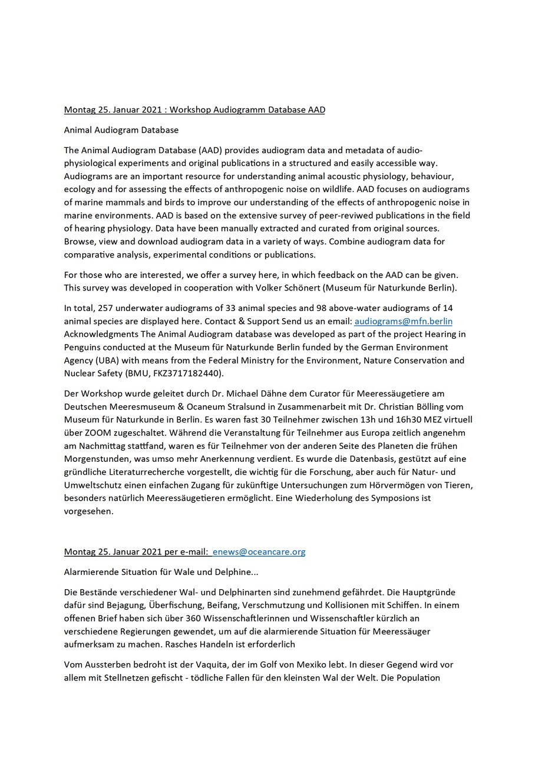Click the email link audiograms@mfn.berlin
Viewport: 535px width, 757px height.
pos(403,321)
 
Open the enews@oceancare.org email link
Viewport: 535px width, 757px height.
pos(259,552)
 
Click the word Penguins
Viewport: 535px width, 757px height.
pos(84,347)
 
